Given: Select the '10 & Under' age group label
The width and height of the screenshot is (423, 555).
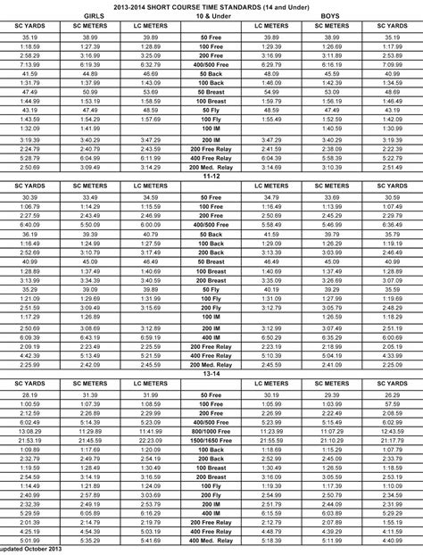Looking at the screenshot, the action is click(211, 16).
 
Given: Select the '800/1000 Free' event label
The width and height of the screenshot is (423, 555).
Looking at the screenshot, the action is click(211, 431).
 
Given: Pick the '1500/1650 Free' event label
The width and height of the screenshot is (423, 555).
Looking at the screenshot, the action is click(211, 441).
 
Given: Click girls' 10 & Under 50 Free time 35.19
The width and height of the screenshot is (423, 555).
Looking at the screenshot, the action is click(29, 38).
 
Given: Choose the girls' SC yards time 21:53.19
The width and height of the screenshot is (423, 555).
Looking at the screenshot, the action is click(29, 441).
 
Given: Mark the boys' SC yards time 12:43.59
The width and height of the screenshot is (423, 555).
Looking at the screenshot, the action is click(392, 431).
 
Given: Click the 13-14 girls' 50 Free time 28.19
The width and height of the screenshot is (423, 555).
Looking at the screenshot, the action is click(29, 393).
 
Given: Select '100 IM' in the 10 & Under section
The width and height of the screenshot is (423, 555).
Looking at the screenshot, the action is click(211, 128).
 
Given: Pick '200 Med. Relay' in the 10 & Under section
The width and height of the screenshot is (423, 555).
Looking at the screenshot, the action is click(211, 167).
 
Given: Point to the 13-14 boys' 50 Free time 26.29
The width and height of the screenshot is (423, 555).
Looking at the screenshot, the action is click(392, 393).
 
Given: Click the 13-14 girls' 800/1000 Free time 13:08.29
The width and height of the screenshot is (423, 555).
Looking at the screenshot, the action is click(29, 431).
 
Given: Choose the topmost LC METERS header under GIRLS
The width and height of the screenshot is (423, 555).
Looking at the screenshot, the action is click(151, 27).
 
